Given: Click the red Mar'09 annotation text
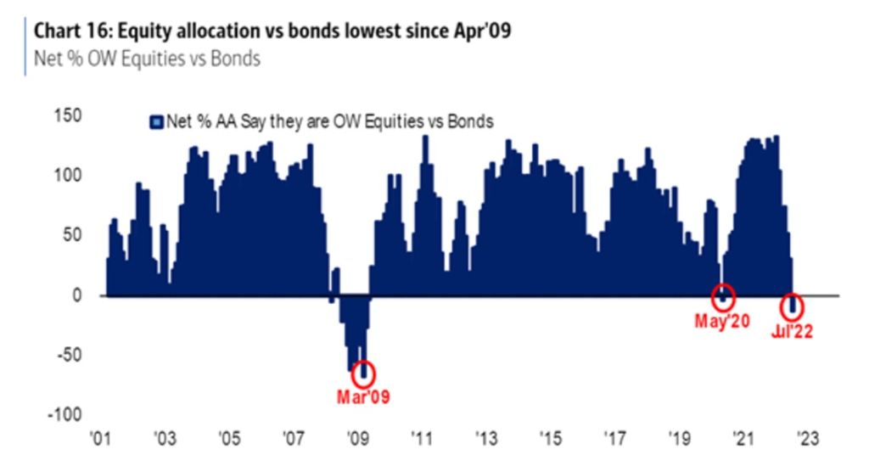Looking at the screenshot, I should [364, 396].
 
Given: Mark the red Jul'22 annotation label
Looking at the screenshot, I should [791, 332].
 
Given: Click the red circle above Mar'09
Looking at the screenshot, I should [364, 372].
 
